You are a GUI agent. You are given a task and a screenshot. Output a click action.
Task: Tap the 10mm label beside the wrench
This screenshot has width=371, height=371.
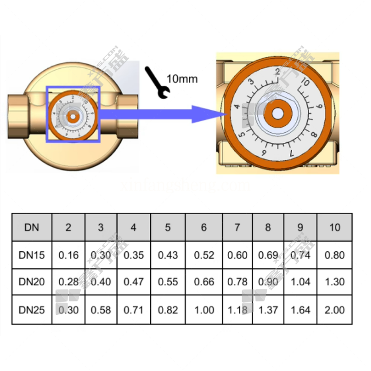[182, 78]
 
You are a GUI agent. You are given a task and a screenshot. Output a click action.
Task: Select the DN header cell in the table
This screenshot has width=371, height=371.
[32, 227]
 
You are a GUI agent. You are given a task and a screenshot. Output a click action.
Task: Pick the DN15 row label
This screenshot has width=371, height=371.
[32, 255]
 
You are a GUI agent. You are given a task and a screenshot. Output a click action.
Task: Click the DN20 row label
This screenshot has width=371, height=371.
[32, 281]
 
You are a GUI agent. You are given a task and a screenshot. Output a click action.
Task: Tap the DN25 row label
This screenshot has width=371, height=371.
[32, 309]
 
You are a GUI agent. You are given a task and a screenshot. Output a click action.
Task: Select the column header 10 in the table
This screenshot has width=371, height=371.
[334, 227]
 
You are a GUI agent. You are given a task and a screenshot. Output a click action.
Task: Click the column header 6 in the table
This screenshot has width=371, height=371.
[204, 227]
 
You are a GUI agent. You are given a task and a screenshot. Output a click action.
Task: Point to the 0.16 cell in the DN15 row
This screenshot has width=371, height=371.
[68, 255]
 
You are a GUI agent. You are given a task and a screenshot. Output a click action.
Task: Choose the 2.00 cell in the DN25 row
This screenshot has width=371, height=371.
[334, 309]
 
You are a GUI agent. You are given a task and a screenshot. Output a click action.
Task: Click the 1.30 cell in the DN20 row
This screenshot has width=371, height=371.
[334, 281]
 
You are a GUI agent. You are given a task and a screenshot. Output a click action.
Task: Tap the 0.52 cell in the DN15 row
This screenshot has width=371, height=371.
[204, 255]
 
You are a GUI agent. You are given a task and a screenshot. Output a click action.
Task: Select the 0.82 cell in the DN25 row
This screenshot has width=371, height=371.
[168, 309]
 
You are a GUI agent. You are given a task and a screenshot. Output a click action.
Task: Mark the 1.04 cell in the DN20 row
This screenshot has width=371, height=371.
[301, 281]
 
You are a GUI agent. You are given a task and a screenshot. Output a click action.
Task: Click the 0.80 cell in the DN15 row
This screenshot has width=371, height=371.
[334, 255]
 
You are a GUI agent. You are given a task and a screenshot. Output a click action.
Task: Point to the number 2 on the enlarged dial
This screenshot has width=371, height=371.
[277, 72]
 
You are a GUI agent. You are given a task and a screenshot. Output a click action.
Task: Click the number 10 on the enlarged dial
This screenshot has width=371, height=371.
[304, 83]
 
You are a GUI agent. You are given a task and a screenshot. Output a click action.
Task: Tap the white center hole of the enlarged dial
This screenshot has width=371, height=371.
[277, 113]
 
